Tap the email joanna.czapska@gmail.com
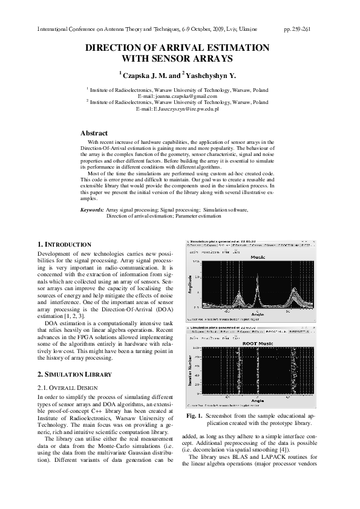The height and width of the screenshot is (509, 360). [185, 96]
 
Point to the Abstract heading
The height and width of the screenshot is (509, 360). [94, 133]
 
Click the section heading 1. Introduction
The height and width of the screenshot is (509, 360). [64, 244]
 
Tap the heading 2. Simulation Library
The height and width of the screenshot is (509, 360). [74, 374]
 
